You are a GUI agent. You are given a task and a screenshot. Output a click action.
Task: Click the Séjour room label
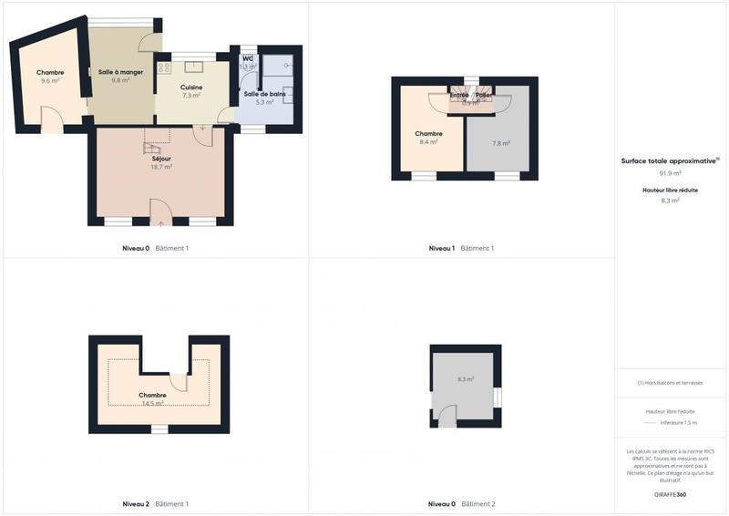pos(161,158)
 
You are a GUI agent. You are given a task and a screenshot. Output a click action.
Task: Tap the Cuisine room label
pos(191,87)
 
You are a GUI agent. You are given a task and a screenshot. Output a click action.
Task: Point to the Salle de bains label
pos(265,94)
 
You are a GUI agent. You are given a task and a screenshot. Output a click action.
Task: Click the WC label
pos(247,58)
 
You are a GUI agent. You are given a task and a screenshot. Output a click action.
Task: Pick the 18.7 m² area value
pos(161,167)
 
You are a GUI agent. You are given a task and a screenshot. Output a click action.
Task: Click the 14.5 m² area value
pos(152,403)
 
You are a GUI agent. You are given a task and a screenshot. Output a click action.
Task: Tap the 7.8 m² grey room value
pos(500,143)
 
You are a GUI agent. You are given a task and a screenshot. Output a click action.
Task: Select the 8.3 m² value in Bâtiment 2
pos(465,378)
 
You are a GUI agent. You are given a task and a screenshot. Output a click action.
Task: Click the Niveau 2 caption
pos(136,504)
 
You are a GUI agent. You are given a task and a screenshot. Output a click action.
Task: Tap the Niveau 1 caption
pos(442,248)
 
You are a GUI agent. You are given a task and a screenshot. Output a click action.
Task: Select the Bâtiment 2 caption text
pos(478,504)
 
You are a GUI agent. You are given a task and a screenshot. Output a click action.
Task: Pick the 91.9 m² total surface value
pos(671,172)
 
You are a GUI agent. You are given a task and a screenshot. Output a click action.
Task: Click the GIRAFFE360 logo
pos(671,493)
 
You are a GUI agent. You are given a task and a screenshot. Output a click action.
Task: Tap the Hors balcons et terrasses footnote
pos(671,383)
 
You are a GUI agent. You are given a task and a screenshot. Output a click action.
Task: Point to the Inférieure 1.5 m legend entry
pos(677,423)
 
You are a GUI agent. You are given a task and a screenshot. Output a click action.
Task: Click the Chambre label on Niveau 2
pos(152,395)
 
